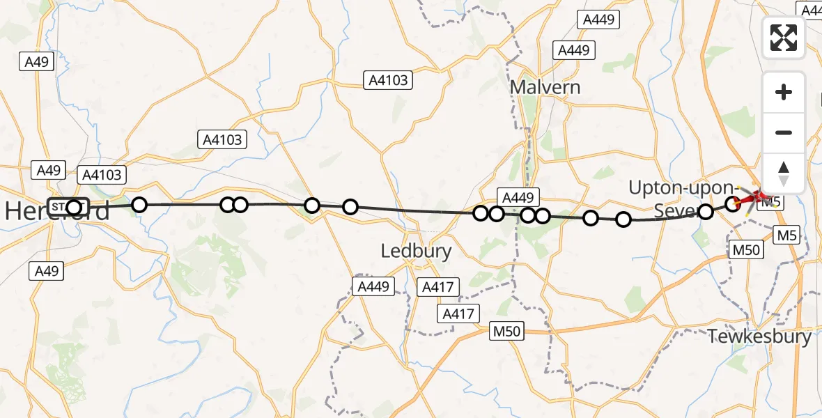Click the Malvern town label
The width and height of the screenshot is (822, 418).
[545, 87]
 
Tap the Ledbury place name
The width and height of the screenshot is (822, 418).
[417, 251]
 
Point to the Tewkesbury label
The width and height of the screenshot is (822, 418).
[759, 337]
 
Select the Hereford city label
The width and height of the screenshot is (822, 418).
[57, 210]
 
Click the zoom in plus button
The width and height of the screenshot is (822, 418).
[784, 92]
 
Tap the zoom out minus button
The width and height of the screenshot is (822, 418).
[784, 132]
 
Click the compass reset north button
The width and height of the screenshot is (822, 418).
[784, 173]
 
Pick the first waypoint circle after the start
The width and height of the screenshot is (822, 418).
[139, 205]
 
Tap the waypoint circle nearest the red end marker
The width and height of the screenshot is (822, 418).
[733, 203]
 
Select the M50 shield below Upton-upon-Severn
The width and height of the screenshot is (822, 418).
[744, 249]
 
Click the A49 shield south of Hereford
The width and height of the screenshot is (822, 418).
[46, 271]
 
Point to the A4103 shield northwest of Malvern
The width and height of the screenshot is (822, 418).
[388, 80]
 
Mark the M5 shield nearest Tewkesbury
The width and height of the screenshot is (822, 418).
[787, 235]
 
